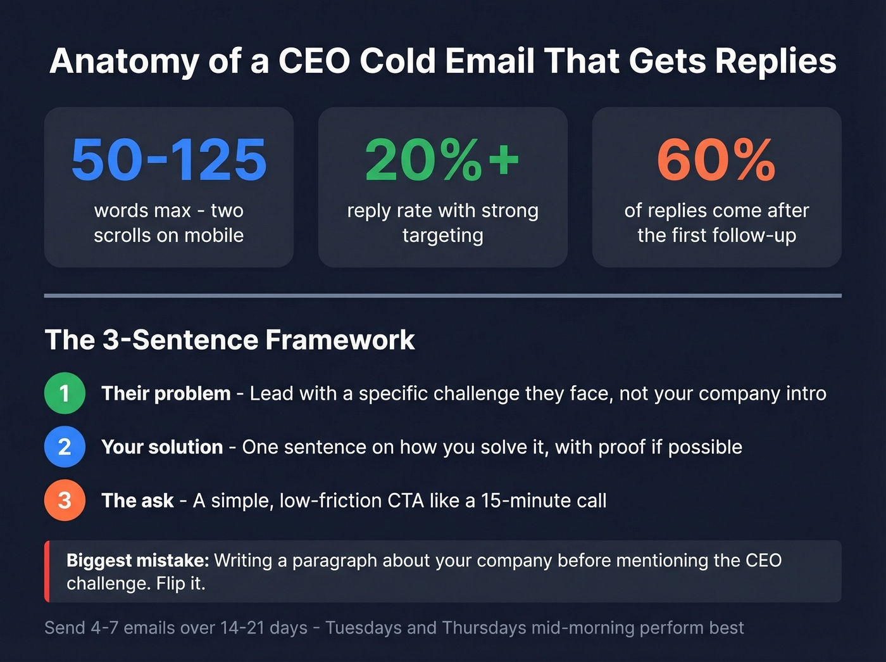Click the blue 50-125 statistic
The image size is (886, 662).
(169, 160)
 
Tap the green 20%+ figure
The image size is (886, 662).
(442, 160)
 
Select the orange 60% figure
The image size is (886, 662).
(716, 160)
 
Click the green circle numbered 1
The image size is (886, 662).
(65, 393)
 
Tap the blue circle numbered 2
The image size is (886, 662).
(65, 447)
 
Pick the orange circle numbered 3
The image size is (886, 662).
(65, 500)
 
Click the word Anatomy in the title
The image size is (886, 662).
(124, 61)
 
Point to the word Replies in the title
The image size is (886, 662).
(777, 61)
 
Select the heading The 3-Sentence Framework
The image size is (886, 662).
(230, 340)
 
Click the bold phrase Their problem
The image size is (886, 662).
(166, 393)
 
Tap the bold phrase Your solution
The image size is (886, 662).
(162, 447)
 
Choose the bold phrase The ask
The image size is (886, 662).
(137, 500)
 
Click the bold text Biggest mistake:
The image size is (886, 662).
(137, 561)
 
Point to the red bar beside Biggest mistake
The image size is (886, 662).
(47, 571)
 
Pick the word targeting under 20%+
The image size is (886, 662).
(442, 236)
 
